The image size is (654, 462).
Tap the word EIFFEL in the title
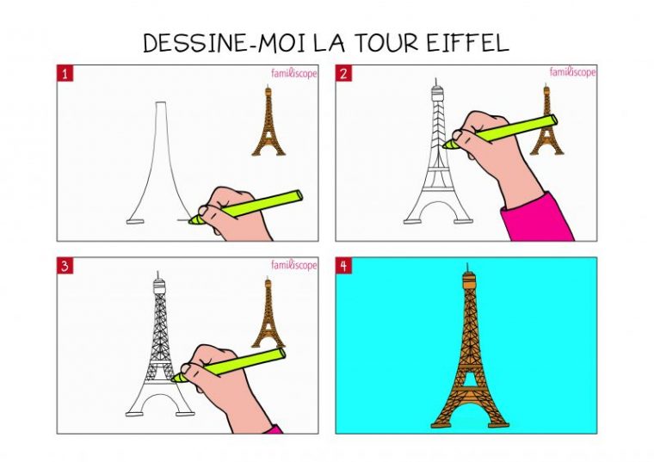tap(468, 42)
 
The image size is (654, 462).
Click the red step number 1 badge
tap(65, 73)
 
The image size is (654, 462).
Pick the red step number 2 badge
tap(343, 73)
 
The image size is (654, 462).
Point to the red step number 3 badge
tap(65, 266)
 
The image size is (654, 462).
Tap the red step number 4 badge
tap(343, 266)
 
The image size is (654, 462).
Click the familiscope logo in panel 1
tap(294, 73)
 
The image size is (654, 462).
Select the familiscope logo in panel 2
tap(572, 72)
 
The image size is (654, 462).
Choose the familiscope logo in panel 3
tap(294, 265)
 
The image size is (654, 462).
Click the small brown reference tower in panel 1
tap(268, 120)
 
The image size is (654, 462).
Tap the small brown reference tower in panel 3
tap(268, 312)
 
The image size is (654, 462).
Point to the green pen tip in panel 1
tap(191, 220)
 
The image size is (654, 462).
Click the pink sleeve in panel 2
tap(537, 219)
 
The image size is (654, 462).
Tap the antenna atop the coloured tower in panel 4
tap(468, 267)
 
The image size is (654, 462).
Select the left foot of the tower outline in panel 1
tap(135, 221)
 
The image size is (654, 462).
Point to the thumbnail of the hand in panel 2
tap(458, 135)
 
